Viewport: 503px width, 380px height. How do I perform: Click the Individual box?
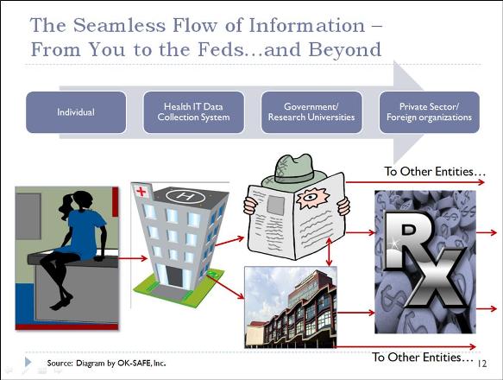tap(76, 112)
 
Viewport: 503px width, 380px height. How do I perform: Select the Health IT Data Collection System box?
tap(194, 112)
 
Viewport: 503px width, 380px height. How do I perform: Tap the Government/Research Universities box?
tap(311, 112)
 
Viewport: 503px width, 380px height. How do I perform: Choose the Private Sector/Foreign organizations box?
tap(429, 112)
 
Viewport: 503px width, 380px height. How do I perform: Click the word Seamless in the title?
tap(119, 25)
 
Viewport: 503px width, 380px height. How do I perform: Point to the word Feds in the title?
tap(221, 49)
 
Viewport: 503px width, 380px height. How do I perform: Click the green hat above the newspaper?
tap(293, 170)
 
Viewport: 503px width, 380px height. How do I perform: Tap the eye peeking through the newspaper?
tap(311, 197)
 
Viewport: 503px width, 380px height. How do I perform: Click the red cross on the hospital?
tap(141, 192)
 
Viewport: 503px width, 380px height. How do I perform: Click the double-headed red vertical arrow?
tap(329, 252)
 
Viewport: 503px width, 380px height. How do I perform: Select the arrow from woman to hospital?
tap(133, 258)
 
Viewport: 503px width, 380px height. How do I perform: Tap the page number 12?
tap(482, 364)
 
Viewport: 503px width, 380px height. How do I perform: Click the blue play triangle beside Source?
tap(28, 362)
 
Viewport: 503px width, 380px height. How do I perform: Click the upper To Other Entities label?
tap(435, 172)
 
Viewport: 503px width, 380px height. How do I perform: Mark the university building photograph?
tap(291, 307)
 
